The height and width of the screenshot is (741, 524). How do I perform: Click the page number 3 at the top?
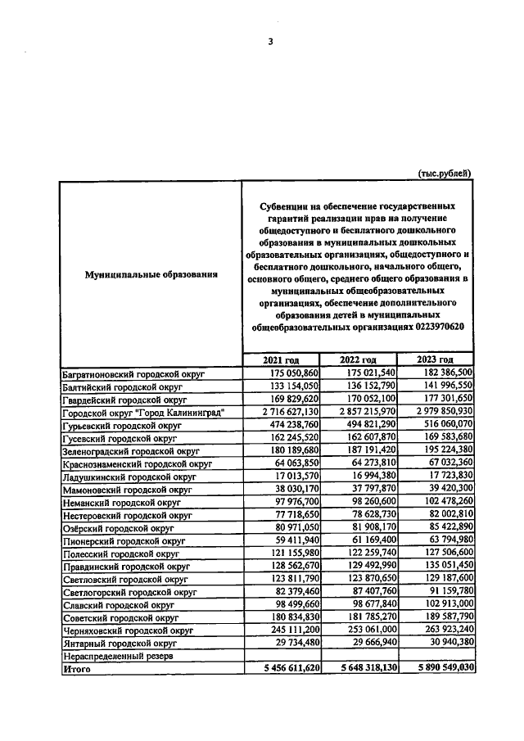pyautogui.click(x=269, y=43)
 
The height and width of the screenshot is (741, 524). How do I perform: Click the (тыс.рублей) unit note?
pyautogui.click(x=444, y=172)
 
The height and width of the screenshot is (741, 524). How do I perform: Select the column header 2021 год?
pyautogui.click(x=280, y=360)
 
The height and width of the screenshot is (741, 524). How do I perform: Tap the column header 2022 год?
pyautogui.click(x=358, y=360)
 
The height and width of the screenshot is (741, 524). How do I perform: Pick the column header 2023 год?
pyautogui.click(x=435, y=360)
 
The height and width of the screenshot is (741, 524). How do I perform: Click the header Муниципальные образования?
pyautogui.click(x=151, y=274)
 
